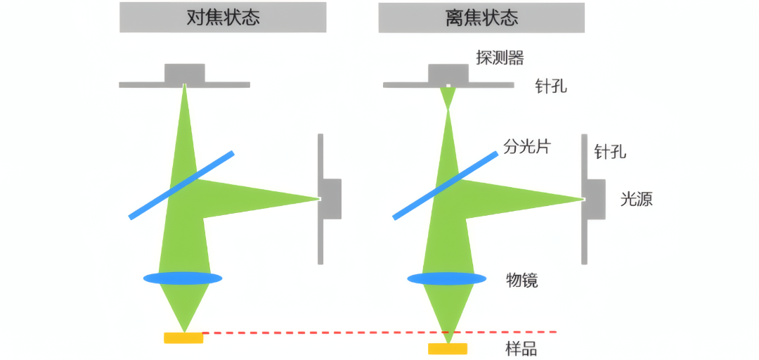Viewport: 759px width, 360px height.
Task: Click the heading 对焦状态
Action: pyautogui.click(x=223, y=18)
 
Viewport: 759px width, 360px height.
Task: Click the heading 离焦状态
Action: pyautogui.click(x=481, y=18)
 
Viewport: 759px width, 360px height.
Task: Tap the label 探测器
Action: pyautogui.click(x=500, y=58)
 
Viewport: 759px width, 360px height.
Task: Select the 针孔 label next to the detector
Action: pyautogui.click(x=550, y=87)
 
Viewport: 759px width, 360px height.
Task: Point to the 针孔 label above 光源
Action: pyautogui.click(x=610, y=151)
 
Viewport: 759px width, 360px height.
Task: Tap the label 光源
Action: pyautogui.click(x=636, y=199)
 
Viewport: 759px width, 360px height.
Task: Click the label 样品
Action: pyautogui.click(x=522, y=348)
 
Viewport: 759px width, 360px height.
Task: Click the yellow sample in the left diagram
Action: pyautogui.click(x=183, y=338)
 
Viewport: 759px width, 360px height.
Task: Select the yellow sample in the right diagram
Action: pyautogui.click(x=448, y=349)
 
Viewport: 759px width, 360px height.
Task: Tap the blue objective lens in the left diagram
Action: pyautogui.click(x=183, y=278)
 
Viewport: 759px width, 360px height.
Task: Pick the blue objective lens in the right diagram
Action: pyautogui.click(x=447, y=278)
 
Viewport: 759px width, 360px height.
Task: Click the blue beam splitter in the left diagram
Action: pyautogui.click(x=181, y=185)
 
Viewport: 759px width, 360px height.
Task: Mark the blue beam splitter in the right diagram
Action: pyautogui.click(x=446, y=185)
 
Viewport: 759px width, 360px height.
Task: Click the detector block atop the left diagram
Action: pyautogui.click(x=185, y=73)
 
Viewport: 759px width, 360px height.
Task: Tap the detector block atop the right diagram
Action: pyautogui.click(x=448, y=73)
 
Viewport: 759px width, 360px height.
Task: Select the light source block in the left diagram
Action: pyautogui.click(x=331, y=199)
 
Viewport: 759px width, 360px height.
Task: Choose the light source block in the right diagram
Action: pyautogui.click(x=595, y=199)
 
